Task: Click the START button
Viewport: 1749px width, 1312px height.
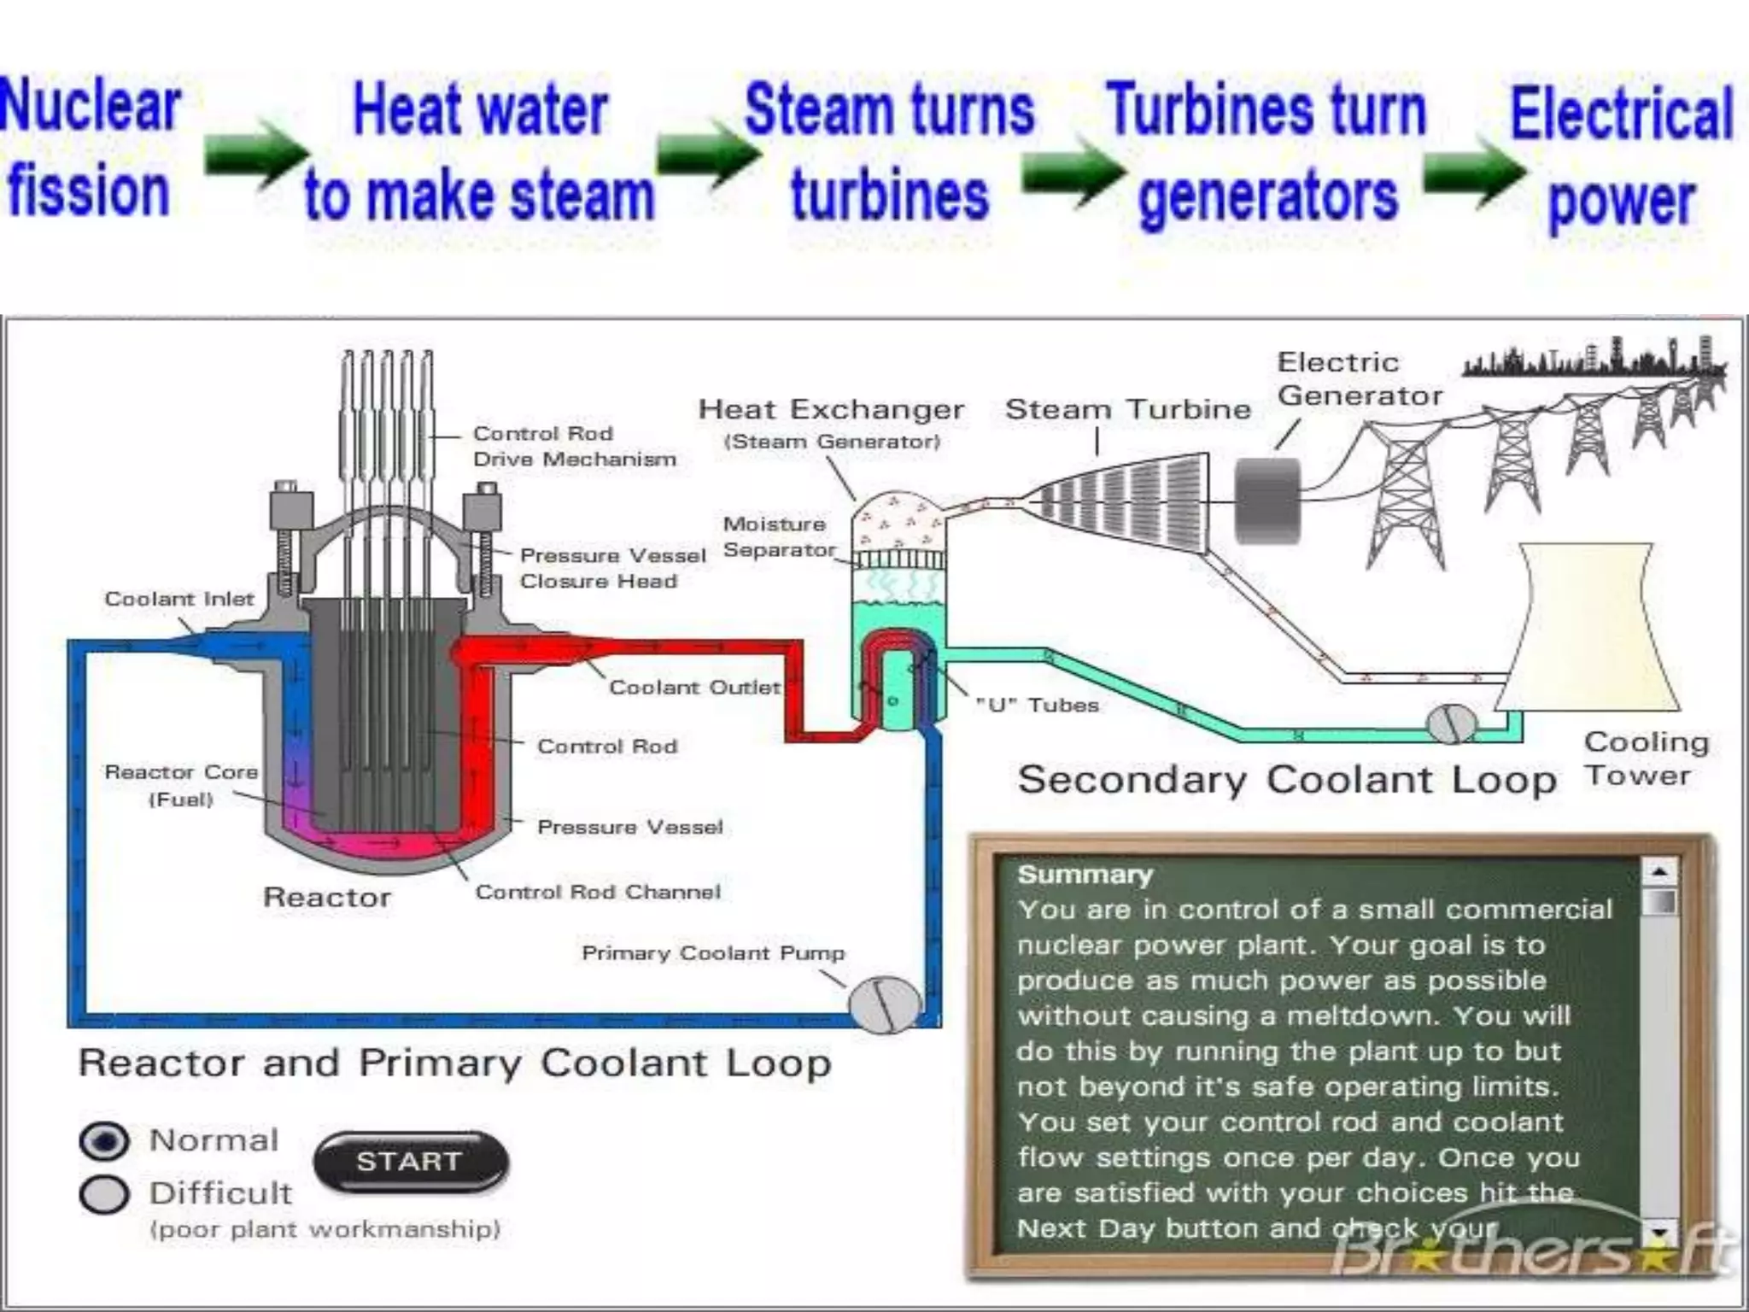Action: [x=411, y=1162]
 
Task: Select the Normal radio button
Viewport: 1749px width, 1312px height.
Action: [x=104, y=1141]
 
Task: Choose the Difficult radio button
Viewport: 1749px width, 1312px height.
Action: [x=104, y=1194]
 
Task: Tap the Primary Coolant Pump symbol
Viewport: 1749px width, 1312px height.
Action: [x=886, y=1004]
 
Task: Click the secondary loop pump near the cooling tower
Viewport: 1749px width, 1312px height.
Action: [x=1451, y=724]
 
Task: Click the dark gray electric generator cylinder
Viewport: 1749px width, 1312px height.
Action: [x=1268, y=501]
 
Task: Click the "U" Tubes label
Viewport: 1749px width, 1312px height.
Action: [x=1037, y=706]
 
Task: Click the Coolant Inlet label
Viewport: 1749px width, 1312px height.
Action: [x=179, y=600]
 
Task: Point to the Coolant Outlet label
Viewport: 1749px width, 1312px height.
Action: [x=694, y=688]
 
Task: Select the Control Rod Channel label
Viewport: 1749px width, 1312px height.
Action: [x=598, y=893]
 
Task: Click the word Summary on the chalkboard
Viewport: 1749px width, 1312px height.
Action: [x=1085, y=875]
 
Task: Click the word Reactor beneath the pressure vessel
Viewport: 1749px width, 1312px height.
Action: [x=327, y=898]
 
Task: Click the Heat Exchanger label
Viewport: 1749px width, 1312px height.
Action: [x=831, y=411]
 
